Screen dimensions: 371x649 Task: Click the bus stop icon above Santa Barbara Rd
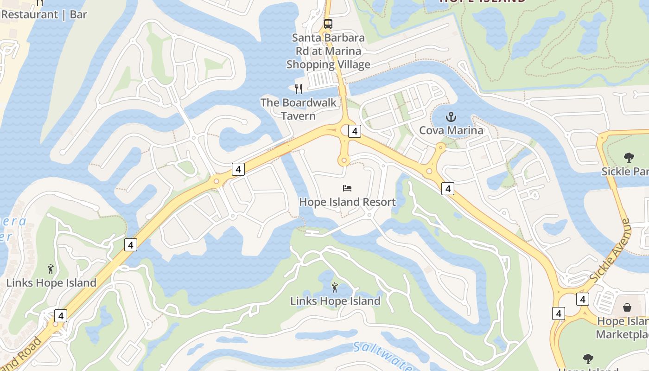click(328, 24)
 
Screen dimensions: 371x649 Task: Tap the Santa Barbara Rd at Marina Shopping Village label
click(328, 51)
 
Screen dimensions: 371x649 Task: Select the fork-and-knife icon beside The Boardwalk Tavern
click(299, 89)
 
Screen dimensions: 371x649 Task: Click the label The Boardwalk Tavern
click(299, 109)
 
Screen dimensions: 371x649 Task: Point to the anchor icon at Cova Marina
click(451, 117)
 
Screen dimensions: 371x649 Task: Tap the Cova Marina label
click(451, 130)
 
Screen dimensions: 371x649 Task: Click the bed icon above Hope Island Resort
click(347, 188)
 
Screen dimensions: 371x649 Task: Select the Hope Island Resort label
click(347, 202)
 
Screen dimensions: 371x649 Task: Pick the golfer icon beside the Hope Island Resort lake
click(335, 288)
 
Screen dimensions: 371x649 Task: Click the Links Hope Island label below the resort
click(335, 301)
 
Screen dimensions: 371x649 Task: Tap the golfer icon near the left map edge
click(51, 269)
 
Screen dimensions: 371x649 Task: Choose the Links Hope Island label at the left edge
click(51, 283)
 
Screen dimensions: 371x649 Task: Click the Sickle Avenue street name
click(611, 251)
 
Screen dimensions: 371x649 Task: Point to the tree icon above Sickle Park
click(629, 158)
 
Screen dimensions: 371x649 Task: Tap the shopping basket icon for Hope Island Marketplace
click(627, 307)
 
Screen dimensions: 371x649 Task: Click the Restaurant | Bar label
click(44, 14)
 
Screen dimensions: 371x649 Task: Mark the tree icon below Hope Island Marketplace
click(588, 358)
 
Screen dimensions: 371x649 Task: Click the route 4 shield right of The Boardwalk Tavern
click(355, 131)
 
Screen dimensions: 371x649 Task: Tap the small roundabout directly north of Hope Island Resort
click(344, 161)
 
